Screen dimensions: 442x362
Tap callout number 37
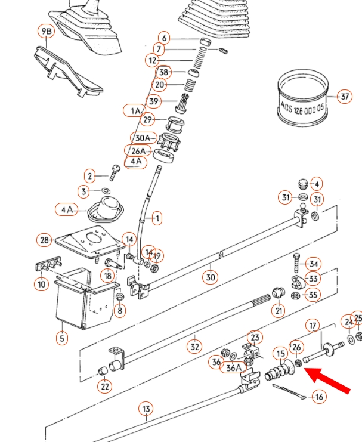(x=344, y=97)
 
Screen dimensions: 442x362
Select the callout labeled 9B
(x=46, y=31)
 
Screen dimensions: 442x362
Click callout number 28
(x=45, y=240)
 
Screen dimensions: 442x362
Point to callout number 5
(x=61, y=339)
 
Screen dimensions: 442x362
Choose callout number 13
(x=146, y=409)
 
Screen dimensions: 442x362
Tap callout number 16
(x=320, y=397)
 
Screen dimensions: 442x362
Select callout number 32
(x=194, y=346)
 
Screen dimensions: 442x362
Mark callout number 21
(x=279, y=310)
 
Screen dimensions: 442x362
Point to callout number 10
(x=41, y=285)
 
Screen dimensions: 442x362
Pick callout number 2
(x=89, y=176)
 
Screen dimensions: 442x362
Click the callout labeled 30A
(x=142, y=137)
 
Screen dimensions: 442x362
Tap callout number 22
(x=105, y=386)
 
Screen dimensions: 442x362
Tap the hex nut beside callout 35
(x=295, y=294)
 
